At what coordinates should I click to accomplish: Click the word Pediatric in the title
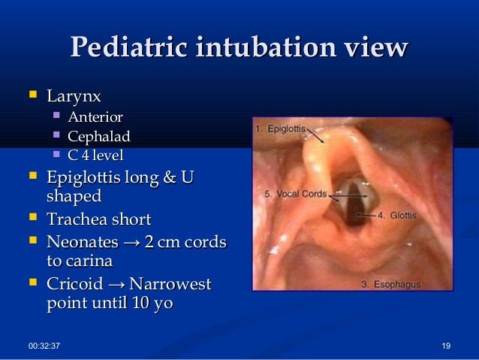click(x=128, y=48)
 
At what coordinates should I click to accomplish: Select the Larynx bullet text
click(x=74, y=96)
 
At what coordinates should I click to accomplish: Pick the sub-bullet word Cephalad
click(x=98, y=136)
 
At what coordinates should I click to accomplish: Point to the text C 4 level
click(x=95, y=156)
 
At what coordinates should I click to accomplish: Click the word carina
click(x=89, y=261)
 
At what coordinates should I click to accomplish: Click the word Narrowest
click(x=170, y=285)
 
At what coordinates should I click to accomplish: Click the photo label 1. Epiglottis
click(x=280, y=129)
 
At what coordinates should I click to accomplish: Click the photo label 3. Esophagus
click(x=390, y=284)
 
